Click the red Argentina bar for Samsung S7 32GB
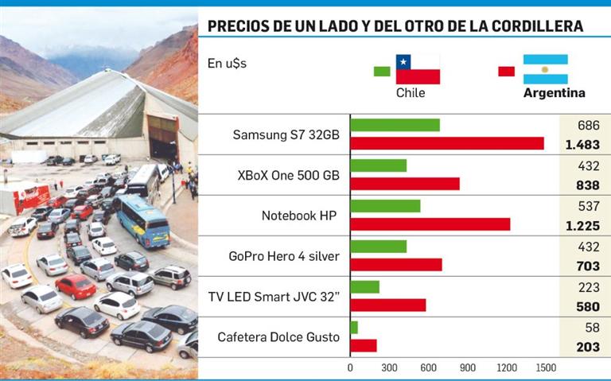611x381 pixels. [x=446, y=143]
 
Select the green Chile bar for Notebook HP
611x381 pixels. [x=385, y=206]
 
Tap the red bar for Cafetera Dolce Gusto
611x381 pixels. [x=364, y=345]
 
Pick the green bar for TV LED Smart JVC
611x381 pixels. [x=364, y=287]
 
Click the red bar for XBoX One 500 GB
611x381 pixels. [x=404, y=184]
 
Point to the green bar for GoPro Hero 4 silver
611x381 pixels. [x=378, y=247]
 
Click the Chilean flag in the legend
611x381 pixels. [x=418, y=69]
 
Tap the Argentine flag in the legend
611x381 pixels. [x=545, y=69]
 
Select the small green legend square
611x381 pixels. [x=382, y=72]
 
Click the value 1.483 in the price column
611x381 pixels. [x=582, y=144]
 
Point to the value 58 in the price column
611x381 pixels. [x=589, y=328]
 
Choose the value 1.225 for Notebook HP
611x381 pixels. [x=582, y=225]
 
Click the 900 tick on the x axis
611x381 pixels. [x=468, y=368]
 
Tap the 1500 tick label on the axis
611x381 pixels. [x=545, y=368]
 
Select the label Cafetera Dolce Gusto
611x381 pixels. [x=278, y=337]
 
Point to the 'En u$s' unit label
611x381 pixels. [x=227, y=63]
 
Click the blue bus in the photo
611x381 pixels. [x=143, y=221]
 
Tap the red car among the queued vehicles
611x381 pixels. [x=76, y=286]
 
